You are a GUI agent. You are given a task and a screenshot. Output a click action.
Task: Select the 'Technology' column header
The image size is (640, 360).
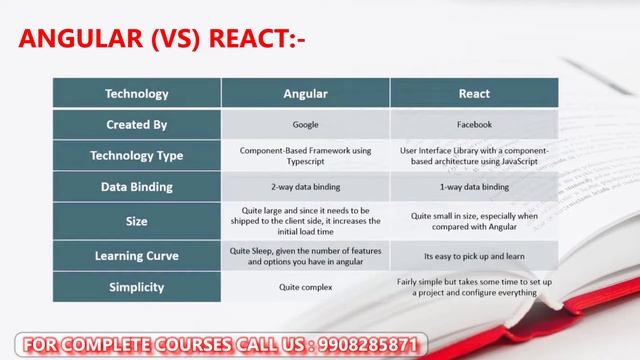tap(137, 94)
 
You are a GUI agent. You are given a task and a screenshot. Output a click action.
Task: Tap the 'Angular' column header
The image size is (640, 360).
tap(305, 94)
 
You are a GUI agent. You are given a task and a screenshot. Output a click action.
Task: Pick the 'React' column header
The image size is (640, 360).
tap(474, 94)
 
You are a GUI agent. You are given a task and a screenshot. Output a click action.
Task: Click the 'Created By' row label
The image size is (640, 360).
tap(137, 125)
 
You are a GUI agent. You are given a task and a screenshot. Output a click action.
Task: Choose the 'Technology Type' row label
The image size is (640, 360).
tap(137, 155)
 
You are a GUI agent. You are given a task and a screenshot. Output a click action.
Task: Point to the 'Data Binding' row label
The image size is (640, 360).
tap(137, 186)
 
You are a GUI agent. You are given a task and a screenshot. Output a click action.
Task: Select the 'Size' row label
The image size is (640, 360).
tap(137, 219)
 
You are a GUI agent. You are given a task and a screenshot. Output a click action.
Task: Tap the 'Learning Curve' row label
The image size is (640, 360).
tap(137, 255)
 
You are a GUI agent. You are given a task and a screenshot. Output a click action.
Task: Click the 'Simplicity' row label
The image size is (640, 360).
tap(137, 286)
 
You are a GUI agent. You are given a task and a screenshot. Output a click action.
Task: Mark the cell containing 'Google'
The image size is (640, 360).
tap(305, 125)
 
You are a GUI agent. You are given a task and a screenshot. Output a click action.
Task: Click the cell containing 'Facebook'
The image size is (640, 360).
tap(474, 125)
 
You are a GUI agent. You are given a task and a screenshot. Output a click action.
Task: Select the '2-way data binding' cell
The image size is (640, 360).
tap(305, 186)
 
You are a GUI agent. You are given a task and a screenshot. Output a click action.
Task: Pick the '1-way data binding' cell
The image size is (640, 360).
tap(474, 186)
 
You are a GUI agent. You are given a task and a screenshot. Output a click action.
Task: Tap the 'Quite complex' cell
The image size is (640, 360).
tap(305, 286)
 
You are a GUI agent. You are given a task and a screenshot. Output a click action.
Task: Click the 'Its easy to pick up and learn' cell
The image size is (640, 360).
tap(474, 255)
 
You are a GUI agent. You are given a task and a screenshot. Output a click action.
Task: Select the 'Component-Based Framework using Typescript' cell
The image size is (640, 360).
tap(305, 155)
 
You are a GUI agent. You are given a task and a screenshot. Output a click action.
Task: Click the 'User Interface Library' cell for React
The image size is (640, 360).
tap(474, 155)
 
